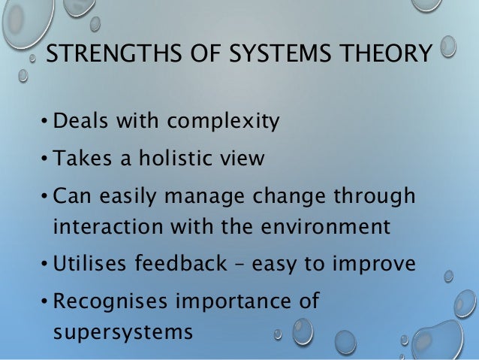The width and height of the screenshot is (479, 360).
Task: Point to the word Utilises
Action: [x=91, y=264]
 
